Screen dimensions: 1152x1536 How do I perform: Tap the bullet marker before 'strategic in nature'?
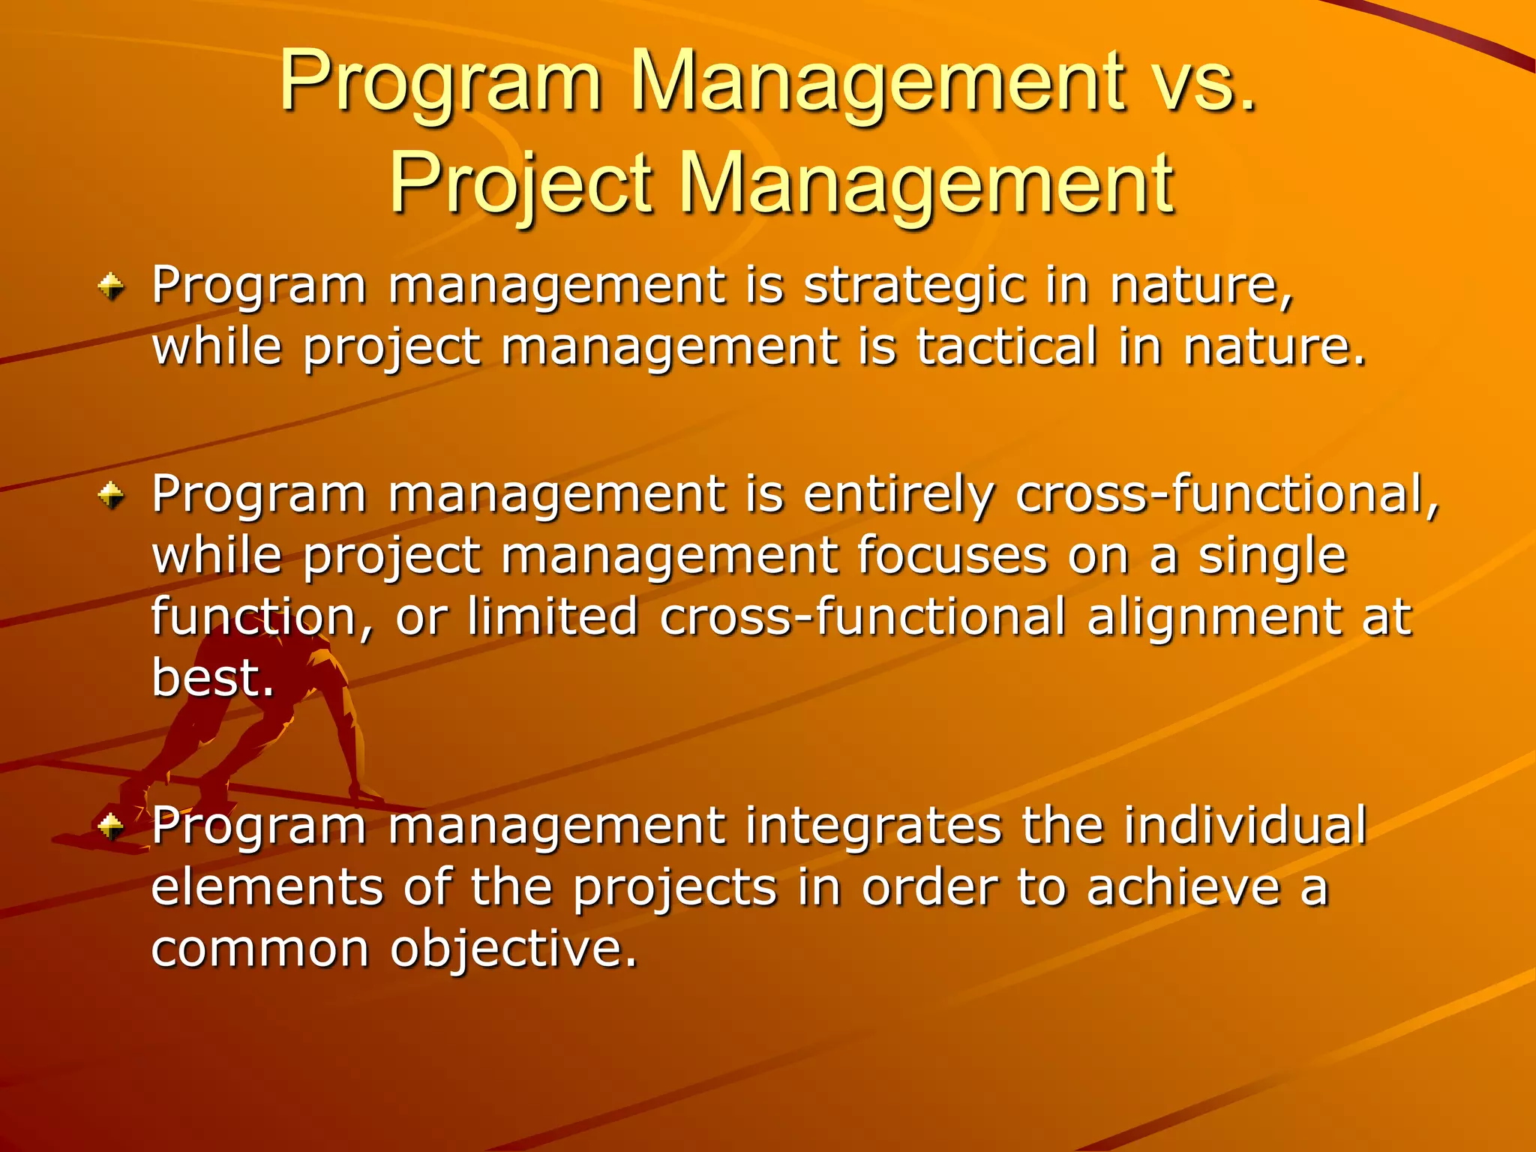tap(111, 286)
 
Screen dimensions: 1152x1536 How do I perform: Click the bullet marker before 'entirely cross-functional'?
tap(111, 495)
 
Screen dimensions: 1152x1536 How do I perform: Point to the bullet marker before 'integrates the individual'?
tap(111, 826)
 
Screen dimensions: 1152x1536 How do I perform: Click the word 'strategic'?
tap(914, 286)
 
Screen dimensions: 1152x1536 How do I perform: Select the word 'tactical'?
tap(1007, 347)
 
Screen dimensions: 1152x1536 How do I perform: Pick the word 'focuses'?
tap(952, 556)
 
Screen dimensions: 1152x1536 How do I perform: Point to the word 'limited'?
tap(553, 616)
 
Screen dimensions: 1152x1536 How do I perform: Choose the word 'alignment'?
tap(1213, 618)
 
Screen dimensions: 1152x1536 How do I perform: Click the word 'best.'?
tap(213, 677)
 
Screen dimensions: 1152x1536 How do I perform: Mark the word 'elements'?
tap(268, 888)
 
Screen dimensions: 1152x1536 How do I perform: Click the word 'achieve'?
tap(1183, 888)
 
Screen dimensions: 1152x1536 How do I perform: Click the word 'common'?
tap(260, 949)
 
